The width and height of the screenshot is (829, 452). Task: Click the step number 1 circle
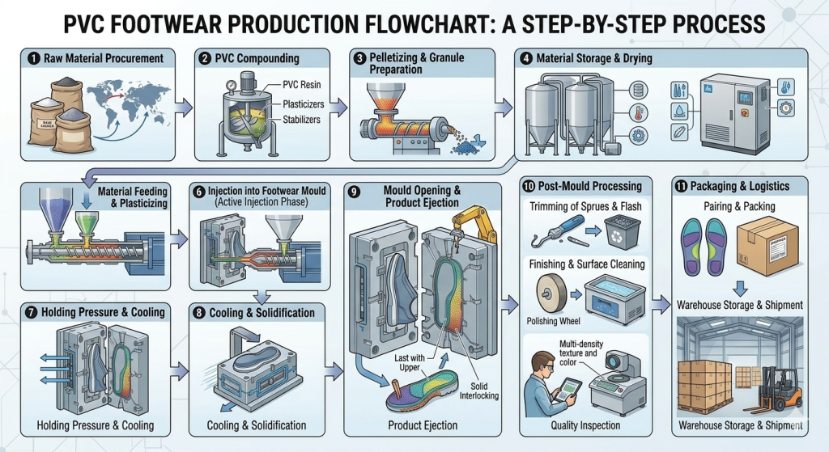[32, 58]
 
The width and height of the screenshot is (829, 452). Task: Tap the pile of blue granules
[466, 146]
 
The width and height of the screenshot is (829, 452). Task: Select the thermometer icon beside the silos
[639, 114]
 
